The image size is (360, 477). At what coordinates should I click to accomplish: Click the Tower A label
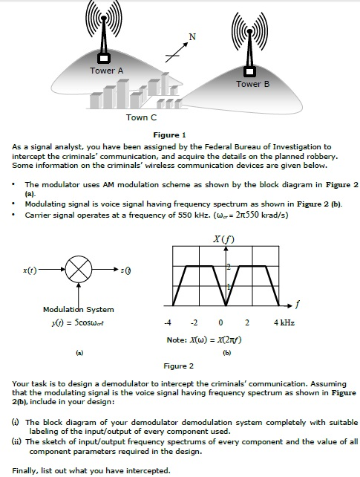tap(107, 71)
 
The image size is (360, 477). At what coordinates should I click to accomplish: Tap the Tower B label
tap(253, 84)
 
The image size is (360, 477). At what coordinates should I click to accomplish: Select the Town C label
tap(141, 117)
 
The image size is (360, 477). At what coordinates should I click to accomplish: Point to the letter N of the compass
tap(192, 36)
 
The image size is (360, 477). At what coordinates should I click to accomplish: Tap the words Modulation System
tap(79, 309)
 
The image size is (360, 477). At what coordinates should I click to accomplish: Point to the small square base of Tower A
tap(104, 57)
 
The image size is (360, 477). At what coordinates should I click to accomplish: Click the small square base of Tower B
tap(250, 71)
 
